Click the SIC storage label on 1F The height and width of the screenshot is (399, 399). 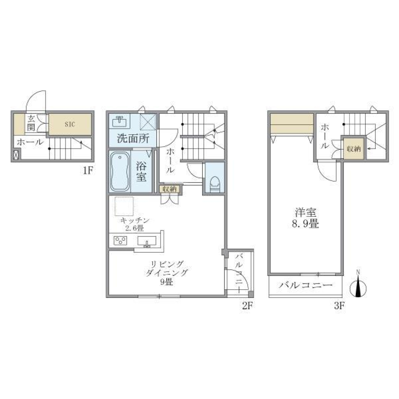tap(70, 124)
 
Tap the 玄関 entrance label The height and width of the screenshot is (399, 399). tap(31, 123)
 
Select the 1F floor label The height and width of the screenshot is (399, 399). tap(87, 170)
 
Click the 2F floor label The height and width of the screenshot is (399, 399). tap(248, 306)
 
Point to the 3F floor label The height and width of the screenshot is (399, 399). tap(340, 306)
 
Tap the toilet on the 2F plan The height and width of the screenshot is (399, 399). tap(214, 182)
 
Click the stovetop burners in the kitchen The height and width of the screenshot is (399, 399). tap(121, 241)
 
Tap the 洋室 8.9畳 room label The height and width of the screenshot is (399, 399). tap(307, 218)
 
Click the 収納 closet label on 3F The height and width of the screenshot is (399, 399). tap(354, 149)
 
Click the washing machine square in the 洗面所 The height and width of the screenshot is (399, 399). tap(148, 122)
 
